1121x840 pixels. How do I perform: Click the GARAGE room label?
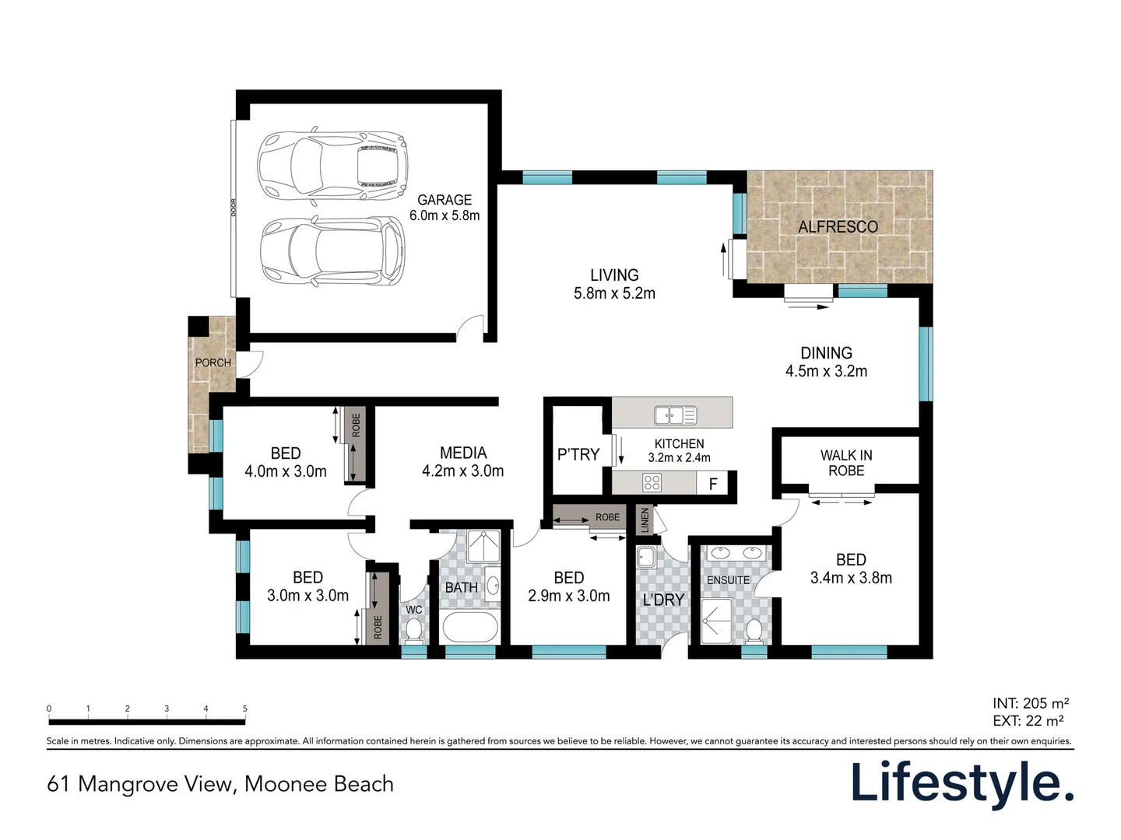(445, 199)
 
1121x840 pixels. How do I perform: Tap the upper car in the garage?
(332, 166)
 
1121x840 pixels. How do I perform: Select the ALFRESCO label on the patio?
(838, 226)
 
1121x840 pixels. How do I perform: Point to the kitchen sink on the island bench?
(675, 415)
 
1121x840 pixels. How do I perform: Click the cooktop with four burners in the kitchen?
(652, 482)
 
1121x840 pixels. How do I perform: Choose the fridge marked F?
(713, 483)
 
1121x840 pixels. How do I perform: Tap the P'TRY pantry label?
(578, 454)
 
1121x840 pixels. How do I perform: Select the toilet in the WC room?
(413, 630)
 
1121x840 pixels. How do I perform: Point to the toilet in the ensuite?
(754, 631)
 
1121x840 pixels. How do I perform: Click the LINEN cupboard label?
(645, 520)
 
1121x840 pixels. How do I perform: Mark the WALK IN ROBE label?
(846, 463)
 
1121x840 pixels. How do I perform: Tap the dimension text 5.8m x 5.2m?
(614, 293)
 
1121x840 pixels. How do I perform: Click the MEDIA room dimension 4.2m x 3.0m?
(462, 471)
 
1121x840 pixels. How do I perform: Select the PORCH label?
(213, 362)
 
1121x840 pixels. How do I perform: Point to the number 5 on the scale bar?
(245, 709)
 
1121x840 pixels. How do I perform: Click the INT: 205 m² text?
(1031, 703)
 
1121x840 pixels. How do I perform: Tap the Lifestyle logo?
(963, 783)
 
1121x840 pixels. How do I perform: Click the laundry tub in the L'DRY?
(646, 557)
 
